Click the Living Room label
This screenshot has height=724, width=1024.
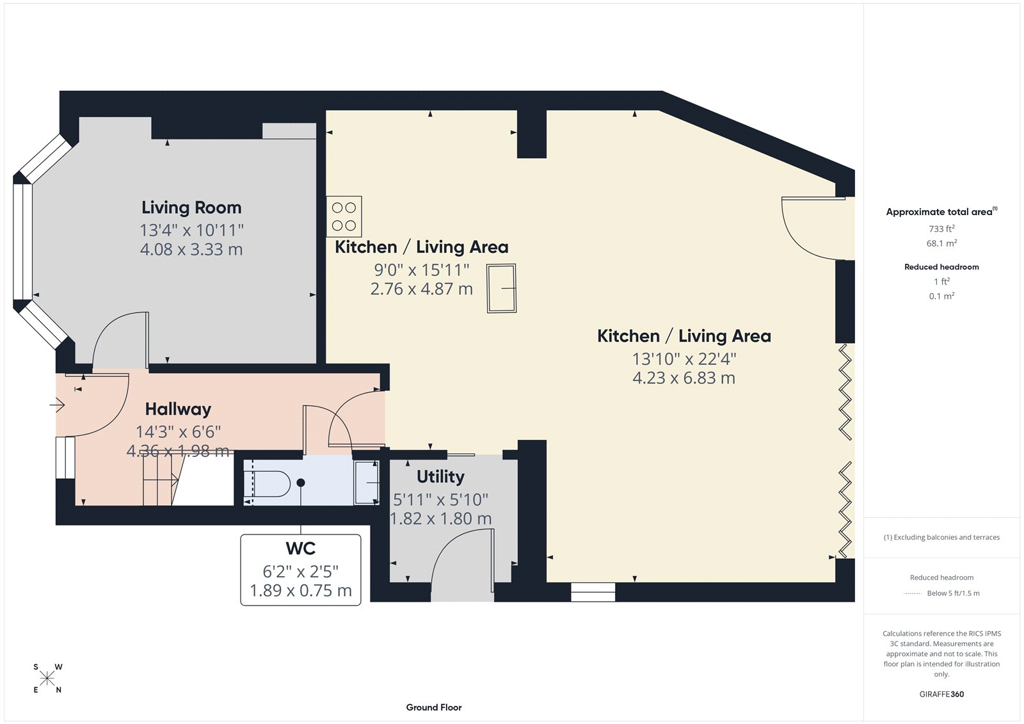pyautogui.click(x=191, y=207)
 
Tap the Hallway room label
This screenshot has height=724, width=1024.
pyautogui.click(x=178, y=409)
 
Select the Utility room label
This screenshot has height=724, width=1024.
pyautogui.click(x=440, y=477)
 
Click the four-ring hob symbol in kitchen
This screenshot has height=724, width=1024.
pyautogui.click(x=344, y=216)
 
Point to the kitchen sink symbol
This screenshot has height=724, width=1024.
pyautogui.click(x=502, y=289)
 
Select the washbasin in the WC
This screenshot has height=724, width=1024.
pyautogui.click(x=367, y=482)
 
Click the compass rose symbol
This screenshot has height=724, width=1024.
pyautogui.click(x=47, y=679)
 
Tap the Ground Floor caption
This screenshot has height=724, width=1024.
pyautogui.click(x=433, y=707)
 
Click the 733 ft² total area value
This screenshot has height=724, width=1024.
pyautogui.click(x=941, y=229)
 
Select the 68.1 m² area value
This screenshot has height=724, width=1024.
pyautogui.click(x=941, y=243)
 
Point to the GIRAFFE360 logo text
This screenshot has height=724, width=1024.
pyautogui.click(x=941, y=694)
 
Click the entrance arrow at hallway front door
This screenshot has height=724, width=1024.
pyautogui.click(x=58, y=405)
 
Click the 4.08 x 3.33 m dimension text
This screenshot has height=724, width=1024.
pyautogui.click(x=191, y=250)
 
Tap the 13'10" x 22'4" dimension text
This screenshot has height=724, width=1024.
pyautogui.click(x=684, y=359)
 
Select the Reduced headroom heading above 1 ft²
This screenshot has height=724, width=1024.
pyautogui.click(x=941, y=267)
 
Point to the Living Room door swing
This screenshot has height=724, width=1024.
pyautogui.click(x=120, y=339)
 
